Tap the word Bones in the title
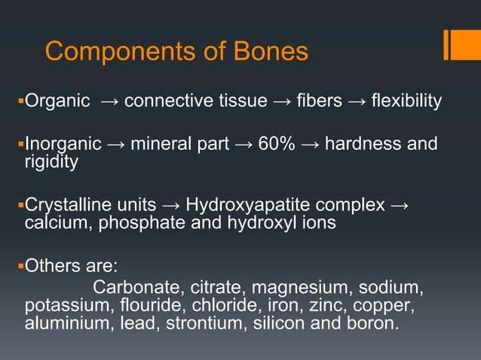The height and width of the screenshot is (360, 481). (x=272, y=51)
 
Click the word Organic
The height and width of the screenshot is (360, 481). (x=57, y=101)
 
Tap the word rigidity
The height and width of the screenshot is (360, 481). (x=51, y=161)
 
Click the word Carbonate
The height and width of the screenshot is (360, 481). (x=133, y=288)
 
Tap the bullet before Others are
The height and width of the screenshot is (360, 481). (x=20, y=266)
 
